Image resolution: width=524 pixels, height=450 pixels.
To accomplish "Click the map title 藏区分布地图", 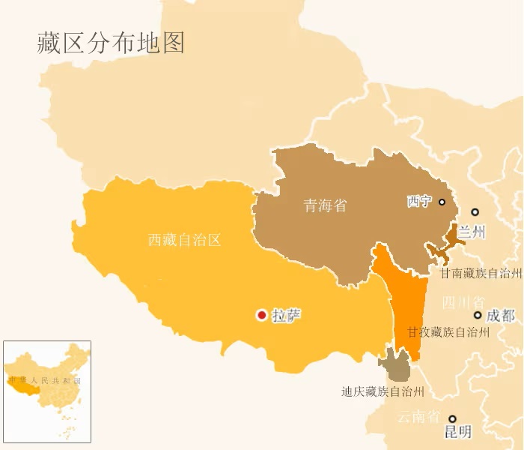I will click(x=111, y=43).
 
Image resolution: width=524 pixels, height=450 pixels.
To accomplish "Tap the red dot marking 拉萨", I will click(x=261, y=316).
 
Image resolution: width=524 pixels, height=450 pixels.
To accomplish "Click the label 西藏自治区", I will click(x=184, y=240).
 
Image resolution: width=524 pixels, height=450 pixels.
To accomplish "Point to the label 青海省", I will click(x=325, y=205).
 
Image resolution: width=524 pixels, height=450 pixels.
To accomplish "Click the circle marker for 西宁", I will click(x=442, y=202).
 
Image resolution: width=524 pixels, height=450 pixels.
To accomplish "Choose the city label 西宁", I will click(x=419, y=202).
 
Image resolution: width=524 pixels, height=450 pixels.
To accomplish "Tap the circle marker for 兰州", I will click(x=475, y=212).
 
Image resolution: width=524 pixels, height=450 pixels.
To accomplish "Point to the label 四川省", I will click(x=462, y=302).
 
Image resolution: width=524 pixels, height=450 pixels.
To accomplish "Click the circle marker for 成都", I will click(x=478, y=315).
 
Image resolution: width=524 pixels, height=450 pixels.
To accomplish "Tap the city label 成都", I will click(x=500, y=316).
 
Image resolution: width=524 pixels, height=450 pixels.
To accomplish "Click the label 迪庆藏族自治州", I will click(x=383, y=391).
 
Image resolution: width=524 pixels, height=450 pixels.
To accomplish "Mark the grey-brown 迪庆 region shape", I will click(x=394, y=367).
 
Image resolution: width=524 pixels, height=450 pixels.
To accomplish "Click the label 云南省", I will click(x=418, y=417).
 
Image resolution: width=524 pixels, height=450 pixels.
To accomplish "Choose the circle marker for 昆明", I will click(x=452, y=419).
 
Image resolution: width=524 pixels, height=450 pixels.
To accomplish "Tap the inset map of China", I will click(x=47, y=391).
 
